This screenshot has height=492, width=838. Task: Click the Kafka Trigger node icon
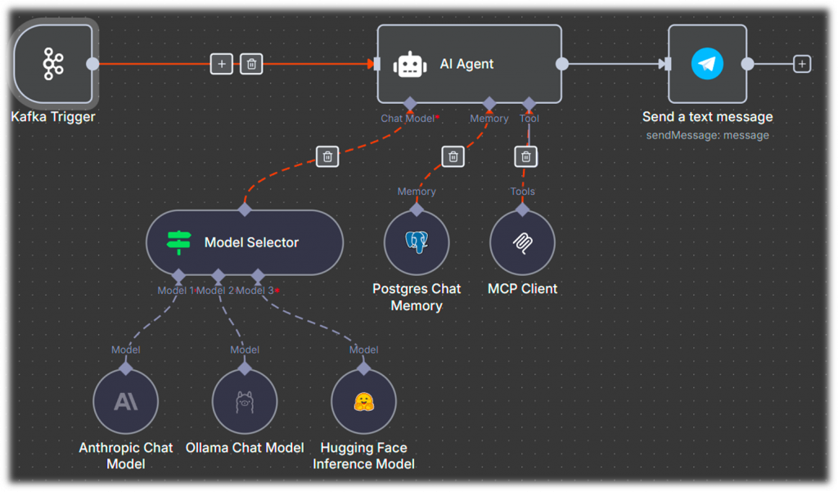[53, 64]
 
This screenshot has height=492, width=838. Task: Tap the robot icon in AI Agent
[410, 64]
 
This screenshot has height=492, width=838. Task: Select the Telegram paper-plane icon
[707, 64]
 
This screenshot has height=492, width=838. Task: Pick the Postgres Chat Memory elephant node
[417, 242]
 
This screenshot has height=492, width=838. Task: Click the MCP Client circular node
[522, 242]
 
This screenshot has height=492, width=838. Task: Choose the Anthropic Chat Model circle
[125, 401]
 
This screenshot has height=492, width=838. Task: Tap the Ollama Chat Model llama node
[245, 401]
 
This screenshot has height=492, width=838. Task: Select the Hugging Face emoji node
[363, 401]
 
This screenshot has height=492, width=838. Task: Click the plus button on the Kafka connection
[222, 64]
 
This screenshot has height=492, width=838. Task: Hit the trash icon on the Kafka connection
[251, 64]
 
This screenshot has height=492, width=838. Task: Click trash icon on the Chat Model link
[327, 156]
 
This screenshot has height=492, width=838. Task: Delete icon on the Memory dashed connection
[453, 156]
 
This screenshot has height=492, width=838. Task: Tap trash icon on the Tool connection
[526, 156]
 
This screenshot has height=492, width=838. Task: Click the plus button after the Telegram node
[802, 64]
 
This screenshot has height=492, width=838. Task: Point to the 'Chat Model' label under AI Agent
[408, 119]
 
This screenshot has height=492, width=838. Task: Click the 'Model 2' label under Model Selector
[215, 291]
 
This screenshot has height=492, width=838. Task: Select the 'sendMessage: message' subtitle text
[707, 135]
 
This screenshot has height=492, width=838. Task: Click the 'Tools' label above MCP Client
[522, 192]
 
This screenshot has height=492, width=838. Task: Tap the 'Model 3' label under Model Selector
[255, 291]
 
